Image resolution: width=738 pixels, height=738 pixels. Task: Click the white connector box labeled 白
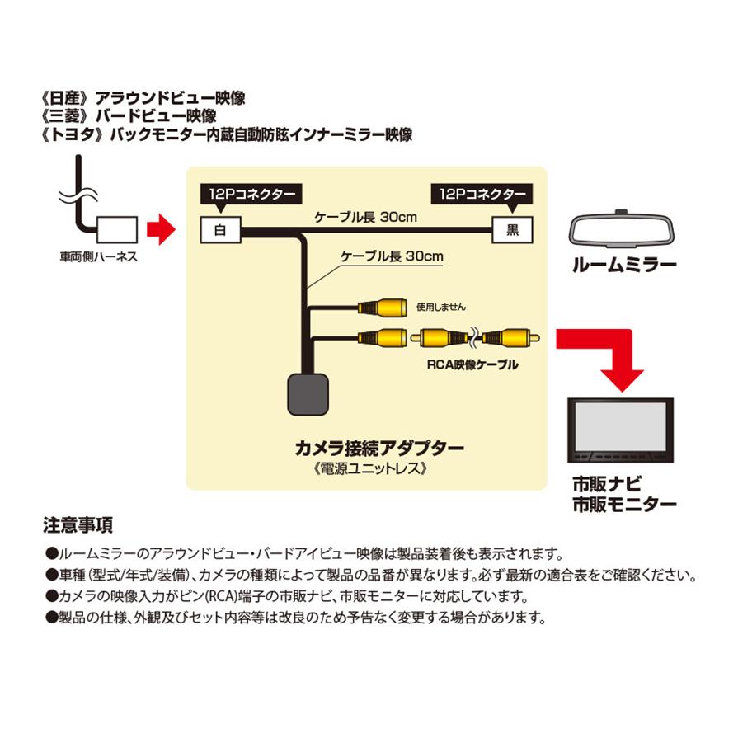click(220, 229)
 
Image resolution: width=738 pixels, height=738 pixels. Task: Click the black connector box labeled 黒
click(511, 229)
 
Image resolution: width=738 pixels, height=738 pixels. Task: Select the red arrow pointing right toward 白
click(160, 228)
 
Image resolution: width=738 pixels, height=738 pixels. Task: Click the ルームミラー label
click(625, 265)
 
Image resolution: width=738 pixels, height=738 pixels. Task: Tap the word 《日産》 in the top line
click(68, 98)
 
